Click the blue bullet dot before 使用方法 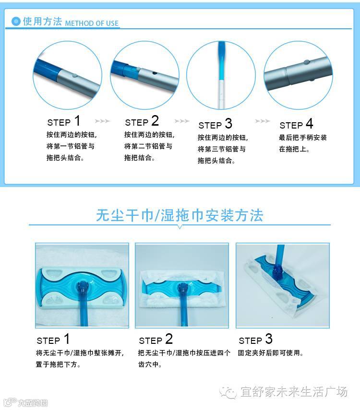click(x=16, y=22)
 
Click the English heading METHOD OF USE click(x=92, y=23)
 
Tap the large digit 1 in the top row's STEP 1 click(x=77, y=121)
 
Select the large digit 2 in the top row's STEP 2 click(x=155, y=121)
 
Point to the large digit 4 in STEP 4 click(x=310, y=123)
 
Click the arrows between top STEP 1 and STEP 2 click(x=102, y=121)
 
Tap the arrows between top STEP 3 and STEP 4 click(x=263, y=121)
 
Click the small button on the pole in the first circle click(x=75, y=76)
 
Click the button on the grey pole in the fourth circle click(x=306, y=62)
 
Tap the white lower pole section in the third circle click(x=221, y=94)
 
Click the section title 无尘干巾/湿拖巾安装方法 click(x=180, y=215)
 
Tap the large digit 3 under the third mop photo click(x=269, y=339)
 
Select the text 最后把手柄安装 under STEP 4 click(x=303, y=138)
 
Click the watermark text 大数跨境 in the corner click(x=33, y=403)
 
